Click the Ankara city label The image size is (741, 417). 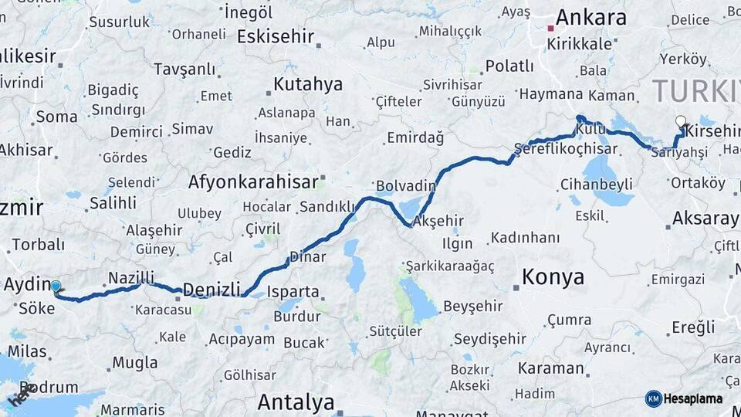[x=590, y=18]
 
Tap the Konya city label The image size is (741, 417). [x=553, y=277]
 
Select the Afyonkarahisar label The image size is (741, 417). [x=253, y=182]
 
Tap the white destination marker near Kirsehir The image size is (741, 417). [x=680, y=121]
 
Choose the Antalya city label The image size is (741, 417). [x=296, y=402]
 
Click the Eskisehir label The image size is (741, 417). [x=276, y=36]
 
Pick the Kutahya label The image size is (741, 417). [x=307, y=84]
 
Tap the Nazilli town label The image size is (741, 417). [x=131, y=277]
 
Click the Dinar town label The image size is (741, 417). [x=307, y=256]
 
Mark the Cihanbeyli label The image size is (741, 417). [x=597, y=185]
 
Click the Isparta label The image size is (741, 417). [x=293, y=292]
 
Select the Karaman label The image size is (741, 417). [x=551, y=368]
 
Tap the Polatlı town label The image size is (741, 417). [x=509, y=66]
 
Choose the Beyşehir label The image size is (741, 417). [x=472, y=307]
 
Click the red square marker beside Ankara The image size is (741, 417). [x=550, y=29]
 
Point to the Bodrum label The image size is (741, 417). [x=50, y=387]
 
